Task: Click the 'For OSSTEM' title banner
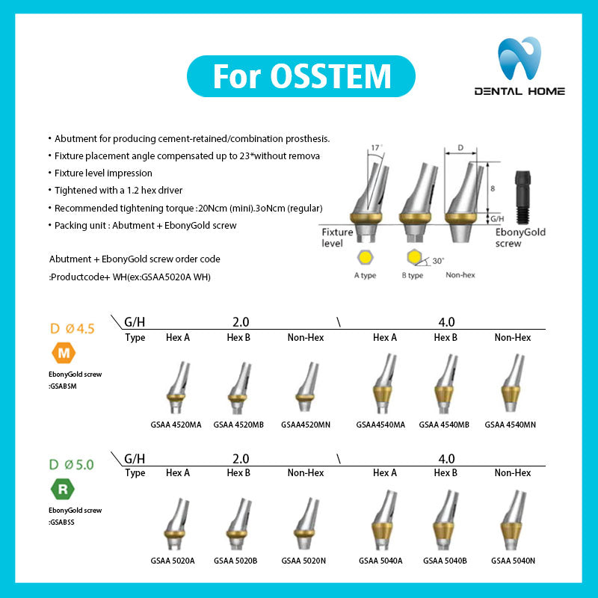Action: point(301,76)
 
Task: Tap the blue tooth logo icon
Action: point(519,58)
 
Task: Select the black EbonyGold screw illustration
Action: point(523,197)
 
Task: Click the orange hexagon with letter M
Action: point(64,353)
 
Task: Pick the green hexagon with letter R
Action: point(63,489)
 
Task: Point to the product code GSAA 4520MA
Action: point(176,425)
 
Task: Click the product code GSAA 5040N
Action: point(513,561)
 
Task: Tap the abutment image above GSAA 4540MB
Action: point(446,383)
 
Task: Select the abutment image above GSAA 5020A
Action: point(176,524)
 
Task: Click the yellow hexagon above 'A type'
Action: point(366,258)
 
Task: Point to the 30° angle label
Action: point(438,261)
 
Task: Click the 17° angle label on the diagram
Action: point(377,147)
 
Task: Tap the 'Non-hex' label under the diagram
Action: point(460,275)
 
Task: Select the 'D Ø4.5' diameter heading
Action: point(72,328)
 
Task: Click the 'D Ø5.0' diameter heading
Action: point(71,464)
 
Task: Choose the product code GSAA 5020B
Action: point(235,561)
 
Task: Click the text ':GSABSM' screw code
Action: point(63,386)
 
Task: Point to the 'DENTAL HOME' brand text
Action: point(520,91)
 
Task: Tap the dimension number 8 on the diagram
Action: point(493,188)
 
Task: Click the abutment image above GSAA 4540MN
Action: point(512,383)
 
